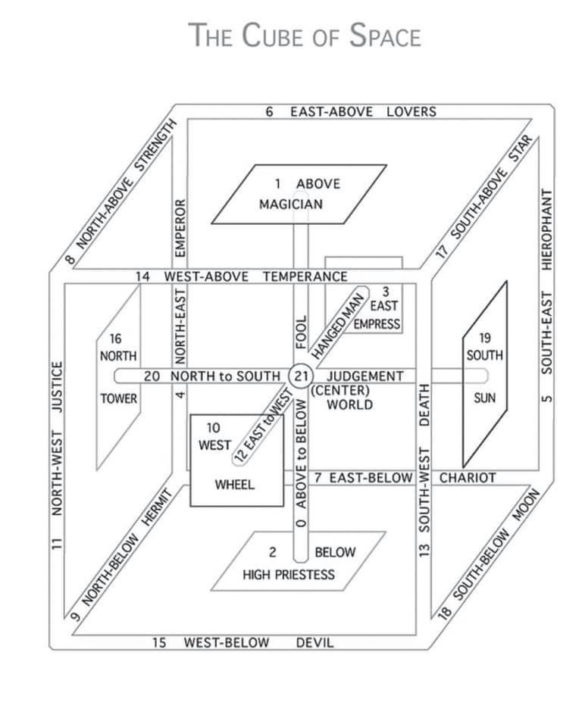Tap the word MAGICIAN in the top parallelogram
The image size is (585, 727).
click(290, 204)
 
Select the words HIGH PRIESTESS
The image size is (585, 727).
click(288, 574)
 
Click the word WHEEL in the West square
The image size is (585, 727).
click(235, 484)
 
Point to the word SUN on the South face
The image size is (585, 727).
click(484, 398)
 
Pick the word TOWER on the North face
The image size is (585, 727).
click(119, 398)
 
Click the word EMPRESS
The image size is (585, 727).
click(377, 324)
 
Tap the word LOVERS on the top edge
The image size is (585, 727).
click(411, 112)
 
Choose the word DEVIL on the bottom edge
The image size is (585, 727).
click(314, 643)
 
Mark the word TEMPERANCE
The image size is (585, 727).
click(305, 276)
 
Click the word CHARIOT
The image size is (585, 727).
click(468, 478)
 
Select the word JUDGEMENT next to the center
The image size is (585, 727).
click(365, 376)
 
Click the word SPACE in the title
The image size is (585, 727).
click(384, 36)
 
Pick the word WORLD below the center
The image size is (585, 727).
click(349, 404)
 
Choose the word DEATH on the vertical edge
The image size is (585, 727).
click(424, 407)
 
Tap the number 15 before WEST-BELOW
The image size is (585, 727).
click(159, 643)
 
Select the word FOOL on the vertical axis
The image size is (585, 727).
click(301, 332)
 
